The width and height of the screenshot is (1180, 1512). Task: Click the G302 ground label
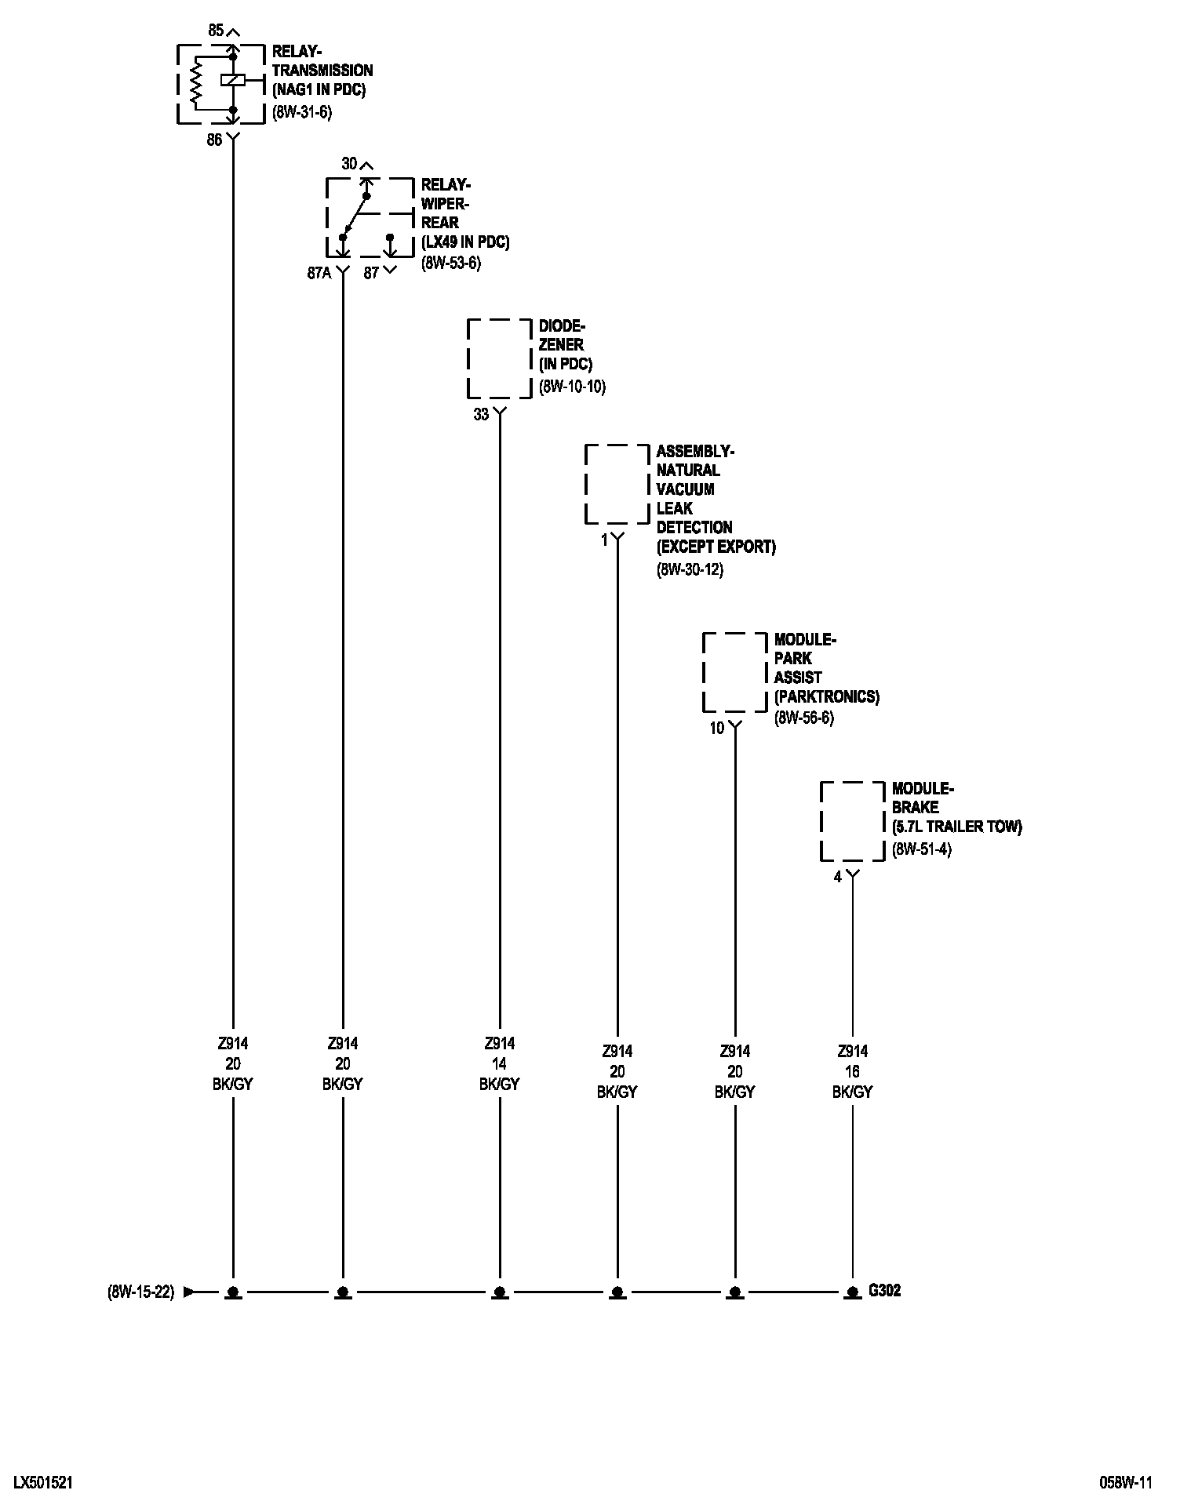[x=884, y=1290]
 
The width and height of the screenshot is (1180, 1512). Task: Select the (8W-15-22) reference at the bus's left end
[x=141, y=1292]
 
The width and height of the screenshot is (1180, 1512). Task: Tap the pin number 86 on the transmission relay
[x=214, y=141]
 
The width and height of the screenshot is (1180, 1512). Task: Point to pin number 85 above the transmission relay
[x=216, y=31]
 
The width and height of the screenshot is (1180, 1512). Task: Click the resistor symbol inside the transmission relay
[x=196, y=82]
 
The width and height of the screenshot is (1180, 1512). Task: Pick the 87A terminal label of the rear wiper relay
[x=319, y=273]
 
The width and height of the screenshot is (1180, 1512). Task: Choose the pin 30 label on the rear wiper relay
[x=349, y=164]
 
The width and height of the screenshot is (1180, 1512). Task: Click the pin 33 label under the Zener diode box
[x=481, y=414]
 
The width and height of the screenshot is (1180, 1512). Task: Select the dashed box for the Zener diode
[x=499, y=358]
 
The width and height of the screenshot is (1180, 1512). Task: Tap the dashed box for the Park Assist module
[x=734, y=672]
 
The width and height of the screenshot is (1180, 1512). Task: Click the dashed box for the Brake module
[x=852, y=821]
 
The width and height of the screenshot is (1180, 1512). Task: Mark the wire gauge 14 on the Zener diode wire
[x=499, y=1064]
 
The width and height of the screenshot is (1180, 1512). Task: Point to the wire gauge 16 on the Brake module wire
[x=852, y=1072]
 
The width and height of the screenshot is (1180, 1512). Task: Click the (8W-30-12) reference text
[x=690, y=569]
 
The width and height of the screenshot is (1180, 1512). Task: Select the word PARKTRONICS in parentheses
[x=827, y=696]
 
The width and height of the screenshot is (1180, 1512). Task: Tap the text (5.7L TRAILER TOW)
[x=957, y=827]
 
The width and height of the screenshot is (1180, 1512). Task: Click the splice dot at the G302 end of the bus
[x=852, y=1291]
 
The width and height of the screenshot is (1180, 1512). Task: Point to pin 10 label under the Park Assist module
[x=717, y=728]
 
